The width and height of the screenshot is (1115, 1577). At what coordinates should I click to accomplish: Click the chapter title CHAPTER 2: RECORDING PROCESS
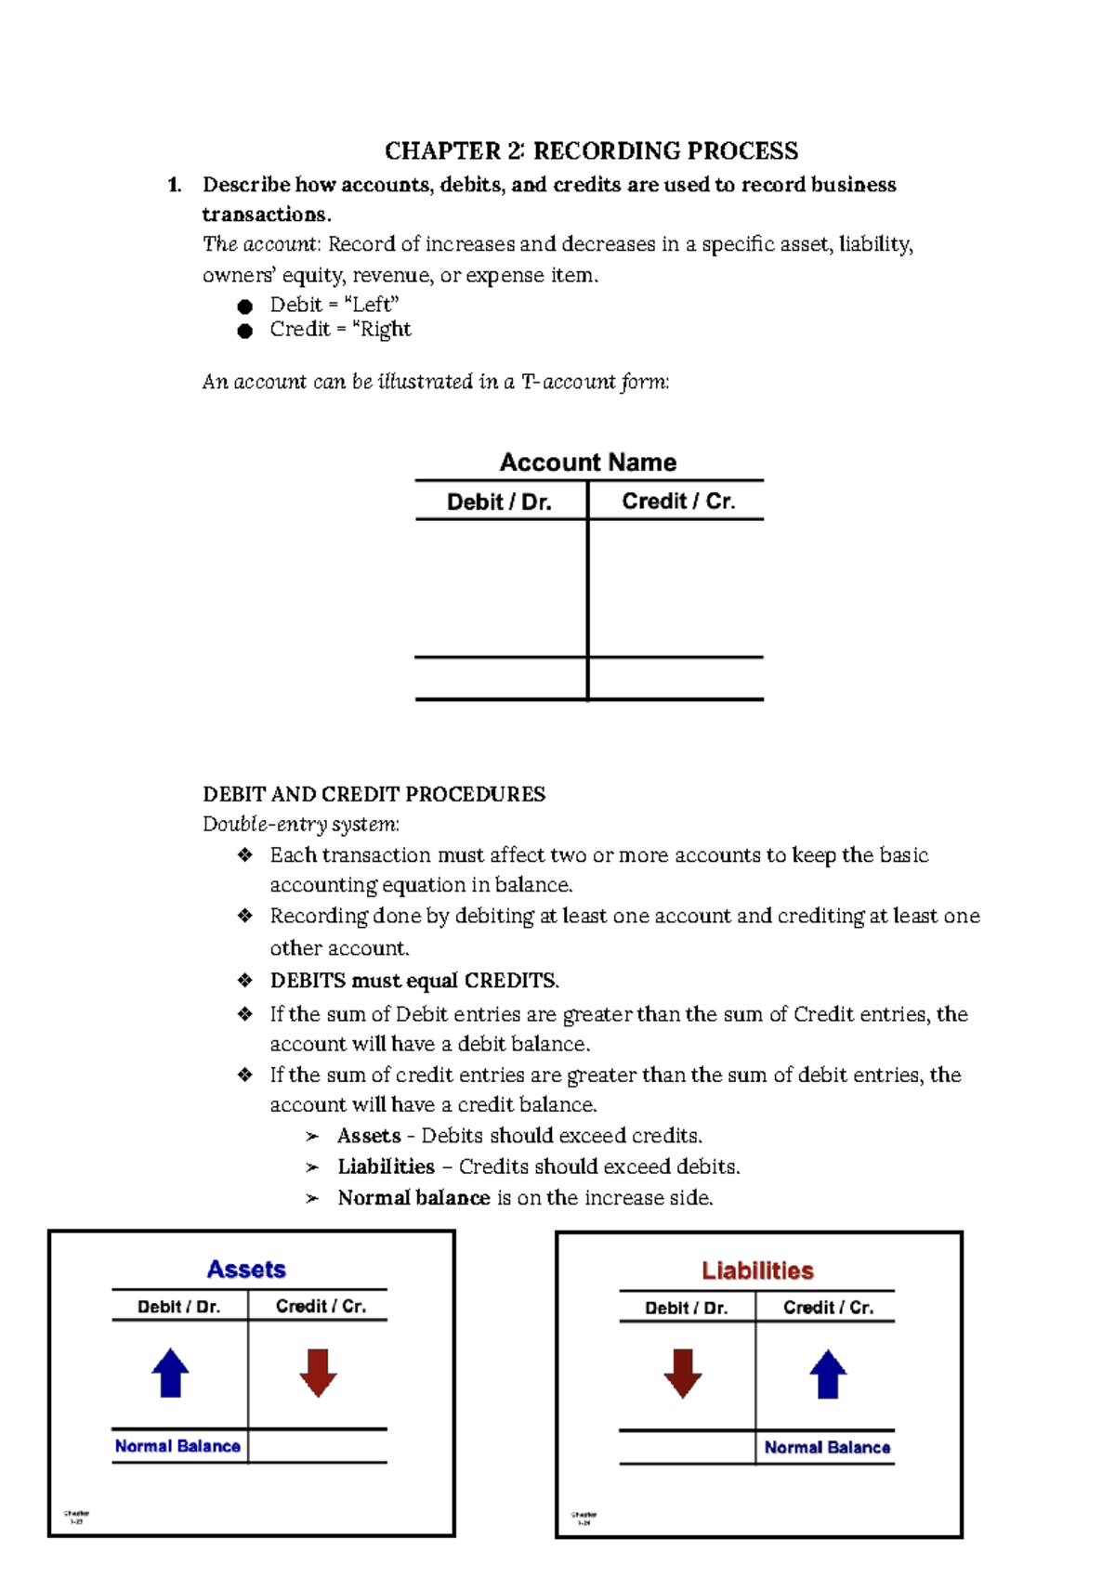click(591, 150)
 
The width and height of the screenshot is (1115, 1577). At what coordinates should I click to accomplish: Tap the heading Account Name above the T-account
click(587, 462)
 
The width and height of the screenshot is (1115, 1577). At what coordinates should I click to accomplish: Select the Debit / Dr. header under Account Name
click(499, 502)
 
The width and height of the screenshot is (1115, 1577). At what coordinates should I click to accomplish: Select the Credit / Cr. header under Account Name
click(678, 502)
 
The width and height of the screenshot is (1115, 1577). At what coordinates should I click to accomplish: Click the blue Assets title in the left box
click(246, 1269)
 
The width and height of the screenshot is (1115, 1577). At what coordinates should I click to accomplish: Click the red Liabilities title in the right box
click(757, 1271)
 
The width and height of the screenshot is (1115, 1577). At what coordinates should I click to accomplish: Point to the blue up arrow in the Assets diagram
click(170, 1373)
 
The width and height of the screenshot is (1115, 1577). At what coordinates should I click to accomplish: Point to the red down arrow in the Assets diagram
click(318, 1373)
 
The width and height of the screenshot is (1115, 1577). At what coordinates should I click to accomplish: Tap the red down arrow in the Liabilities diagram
click(683, 1374)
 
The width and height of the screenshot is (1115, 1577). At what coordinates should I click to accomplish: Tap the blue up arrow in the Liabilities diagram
click(828, 1375)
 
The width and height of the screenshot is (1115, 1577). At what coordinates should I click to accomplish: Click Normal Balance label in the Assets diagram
click(177, 1446)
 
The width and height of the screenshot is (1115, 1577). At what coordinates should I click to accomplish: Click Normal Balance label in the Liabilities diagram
click(827, 1447)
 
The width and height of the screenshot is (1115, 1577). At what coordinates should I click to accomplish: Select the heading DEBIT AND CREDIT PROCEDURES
click(374, 794)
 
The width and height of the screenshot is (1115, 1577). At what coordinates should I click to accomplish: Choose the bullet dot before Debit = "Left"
click(245, 306)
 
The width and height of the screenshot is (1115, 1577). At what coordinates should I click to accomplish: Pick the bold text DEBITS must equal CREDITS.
click(414, 981)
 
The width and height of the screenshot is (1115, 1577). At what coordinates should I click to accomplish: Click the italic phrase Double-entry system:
click(301, 824)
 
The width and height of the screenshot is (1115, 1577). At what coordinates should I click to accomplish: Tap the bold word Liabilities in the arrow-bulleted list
click(386, 1166)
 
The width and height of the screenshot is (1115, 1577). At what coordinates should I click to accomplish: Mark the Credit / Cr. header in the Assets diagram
click(321, 1306)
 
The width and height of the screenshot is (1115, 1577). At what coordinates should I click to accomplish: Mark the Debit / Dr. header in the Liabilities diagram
click(686, 1308)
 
